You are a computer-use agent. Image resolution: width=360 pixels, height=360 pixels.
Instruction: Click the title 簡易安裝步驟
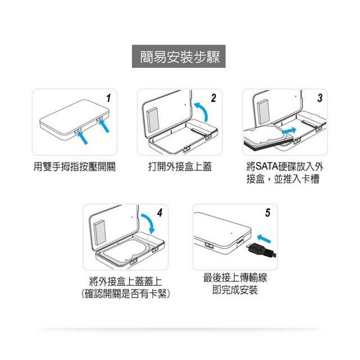point(180,57)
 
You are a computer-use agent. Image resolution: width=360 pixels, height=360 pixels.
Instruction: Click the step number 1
point(109,98)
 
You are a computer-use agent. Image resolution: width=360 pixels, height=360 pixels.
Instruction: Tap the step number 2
point(214,98)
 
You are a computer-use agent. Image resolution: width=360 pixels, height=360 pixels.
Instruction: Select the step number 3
point(319,98)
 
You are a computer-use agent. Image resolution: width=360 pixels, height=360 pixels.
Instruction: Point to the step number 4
point(160,213)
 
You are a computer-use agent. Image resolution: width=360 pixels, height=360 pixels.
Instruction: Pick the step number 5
point(268,213)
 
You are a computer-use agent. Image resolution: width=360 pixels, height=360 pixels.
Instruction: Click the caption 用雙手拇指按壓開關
point(74,166)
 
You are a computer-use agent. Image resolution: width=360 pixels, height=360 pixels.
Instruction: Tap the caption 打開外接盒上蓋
point(180,166)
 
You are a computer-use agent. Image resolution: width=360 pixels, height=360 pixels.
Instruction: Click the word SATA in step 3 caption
point(267,166)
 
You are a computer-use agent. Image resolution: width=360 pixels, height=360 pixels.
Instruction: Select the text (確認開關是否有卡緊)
point(125,294)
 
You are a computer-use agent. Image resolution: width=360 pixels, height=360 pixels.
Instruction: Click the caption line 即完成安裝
point(235,290)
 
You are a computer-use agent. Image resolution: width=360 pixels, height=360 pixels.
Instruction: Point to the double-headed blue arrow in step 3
point(289,131)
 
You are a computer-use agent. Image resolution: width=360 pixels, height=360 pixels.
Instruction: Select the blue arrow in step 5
point(264,238)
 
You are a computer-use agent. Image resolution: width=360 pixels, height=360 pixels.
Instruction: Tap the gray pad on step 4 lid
point(100,232)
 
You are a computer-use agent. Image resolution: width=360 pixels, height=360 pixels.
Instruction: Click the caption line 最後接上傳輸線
point(235,277)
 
